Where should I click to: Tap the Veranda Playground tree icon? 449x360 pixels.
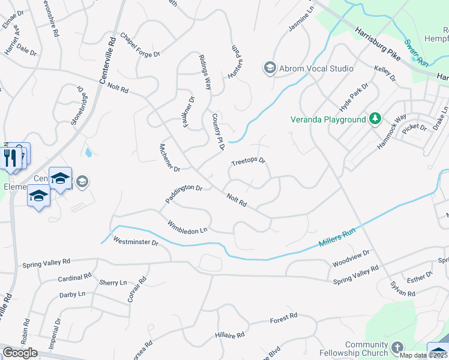tap(375, 119)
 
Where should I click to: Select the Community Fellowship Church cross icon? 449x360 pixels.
tap(397, 347)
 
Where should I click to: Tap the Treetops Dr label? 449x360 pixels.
tap(248, 162)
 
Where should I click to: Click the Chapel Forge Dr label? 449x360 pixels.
tap(139, 46)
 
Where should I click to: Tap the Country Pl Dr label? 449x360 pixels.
tap(217, 131)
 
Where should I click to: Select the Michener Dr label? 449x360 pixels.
tap(166, 157)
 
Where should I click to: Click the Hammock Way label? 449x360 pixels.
tap(392, 131)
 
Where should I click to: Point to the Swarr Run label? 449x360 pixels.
tap(414, 53)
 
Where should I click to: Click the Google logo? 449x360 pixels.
tap(20, 352)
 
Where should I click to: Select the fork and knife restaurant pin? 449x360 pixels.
tap(10, 157)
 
